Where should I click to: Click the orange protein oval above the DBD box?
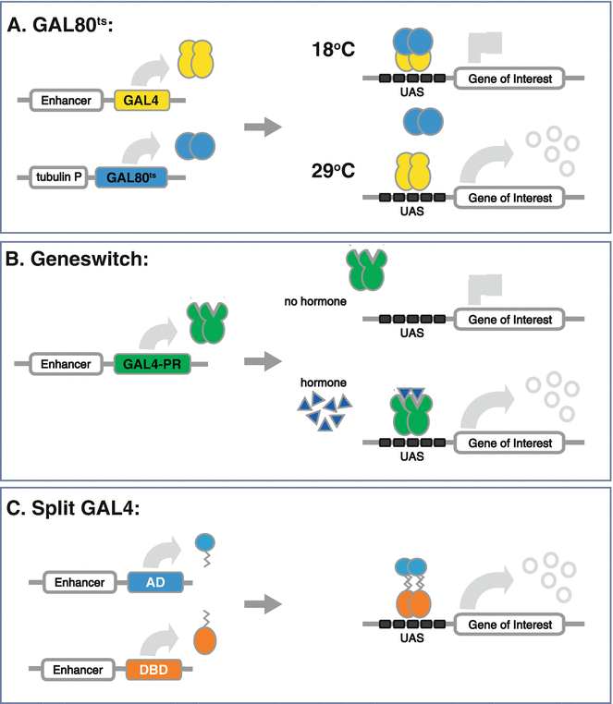[x=207, y=639]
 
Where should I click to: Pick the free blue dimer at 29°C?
[x=421, y=120]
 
